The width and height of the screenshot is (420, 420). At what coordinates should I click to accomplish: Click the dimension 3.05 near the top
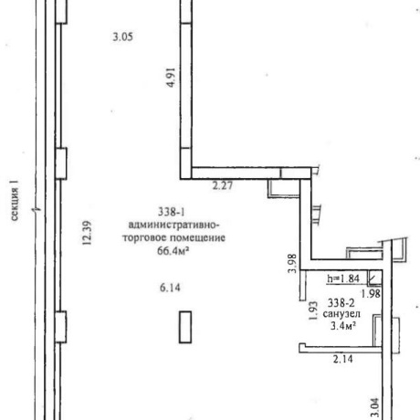point(123,37)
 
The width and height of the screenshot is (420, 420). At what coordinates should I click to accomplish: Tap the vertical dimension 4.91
point(172,78)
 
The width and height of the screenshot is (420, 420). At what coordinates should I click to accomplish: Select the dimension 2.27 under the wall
point(223,185)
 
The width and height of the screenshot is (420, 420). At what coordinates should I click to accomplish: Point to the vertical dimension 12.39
point(87,233)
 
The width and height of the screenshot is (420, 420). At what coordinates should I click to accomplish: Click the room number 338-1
point(172,212)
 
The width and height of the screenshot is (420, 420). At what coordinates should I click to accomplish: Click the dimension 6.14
point(170,288)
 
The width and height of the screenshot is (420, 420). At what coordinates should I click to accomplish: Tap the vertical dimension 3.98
point(292,264)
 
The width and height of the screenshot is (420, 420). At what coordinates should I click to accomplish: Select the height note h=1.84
point(343,278)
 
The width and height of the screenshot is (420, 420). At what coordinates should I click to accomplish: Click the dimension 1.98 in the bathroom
point(371,294)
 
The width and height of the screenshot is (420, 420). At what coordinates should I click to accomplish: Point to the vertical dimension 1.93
point(313,310)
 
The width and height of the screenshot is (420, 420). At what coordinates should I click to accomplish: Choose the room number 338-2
point(341,303)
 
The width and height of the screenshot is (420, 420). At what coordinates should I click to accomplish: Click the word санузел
point(341,314)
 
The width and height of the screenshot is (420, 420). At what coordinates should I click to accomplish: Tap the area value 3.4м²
point(343,326)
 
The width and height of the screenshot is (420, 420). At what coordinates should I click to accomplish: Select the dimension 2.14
point(343,359)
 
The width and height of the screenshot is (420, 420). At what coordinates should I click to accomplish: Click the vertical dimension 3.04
point(374,408)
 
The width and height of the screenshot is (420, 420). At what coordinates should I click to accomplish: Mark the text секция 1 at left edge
point(15,200)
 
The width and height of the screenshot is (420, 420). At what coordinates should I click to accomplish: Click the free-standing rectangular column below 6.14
point(185,327)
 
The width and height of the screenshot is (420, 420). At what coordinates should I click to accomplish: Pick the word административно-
point(173,226)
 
